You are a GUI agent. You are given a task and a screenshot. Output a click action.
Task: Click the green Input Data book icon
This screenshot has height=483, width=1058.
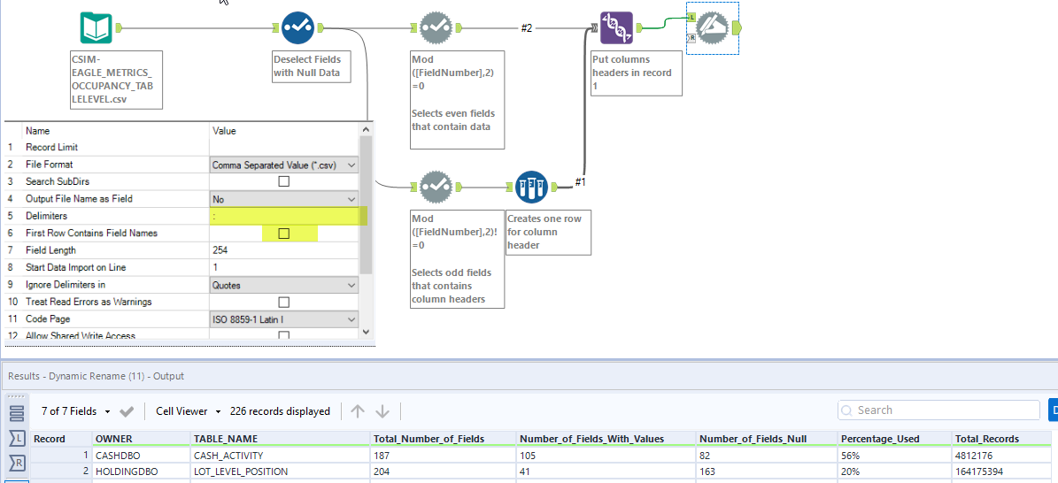point(96,27)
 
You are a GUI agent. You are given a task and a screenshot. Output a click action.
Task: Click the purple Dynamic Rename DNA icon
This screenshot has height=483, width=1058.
point(616,27)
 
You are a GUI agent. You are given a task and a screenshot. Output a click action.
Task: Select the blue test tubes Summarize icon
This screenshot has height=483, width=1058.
point(531,187)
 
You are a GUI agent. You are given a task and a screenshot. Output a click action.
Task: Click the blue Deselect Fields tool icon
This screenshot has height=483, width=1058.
point(297,27)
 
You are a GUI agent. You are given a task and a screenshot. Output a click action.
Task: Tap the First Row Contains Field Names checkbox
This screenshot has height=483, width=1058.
point(284,234)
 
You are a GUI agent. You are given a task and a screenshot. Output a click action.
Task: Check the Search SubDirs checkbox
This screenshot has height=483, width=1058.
point(284,181)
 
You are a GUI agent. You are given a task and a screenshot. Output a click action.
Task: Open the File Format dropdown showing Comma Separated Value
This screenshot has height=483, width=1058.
point(284,165)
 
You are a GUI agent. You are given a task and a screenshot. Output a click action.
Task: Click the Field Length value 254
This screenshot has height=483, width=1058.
point(283,250)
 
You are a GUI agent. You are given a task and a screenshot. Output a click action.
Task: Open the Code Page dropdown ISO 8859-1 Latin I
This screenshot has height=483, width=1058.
point(284,319)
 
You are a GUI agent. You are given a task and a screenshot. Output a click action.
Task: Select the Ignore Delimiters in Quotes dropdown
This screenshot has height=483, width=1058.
point(284,285)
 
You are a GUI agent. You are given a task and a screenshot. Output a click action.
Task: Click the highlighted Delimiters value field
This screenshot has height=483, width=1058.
point(283,216)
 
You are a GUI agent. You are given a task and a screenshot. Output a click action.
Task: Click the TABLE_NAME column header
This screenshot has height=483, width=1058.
point(226,439)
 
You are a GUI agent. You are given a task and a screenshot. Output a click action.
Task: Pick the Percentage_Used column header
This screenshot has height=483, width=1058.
point(880,439)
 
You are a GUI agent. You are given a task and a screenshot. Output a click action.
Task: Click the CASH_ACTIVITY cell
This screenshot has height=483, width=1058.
point(228,456)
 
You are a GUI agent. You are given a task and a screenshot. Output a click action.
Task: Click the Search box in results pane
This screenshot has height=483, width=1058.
point(938,410)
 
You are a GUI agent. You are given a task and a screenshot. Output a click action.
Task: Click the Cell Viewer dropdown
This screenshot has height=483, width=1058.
point(188,411)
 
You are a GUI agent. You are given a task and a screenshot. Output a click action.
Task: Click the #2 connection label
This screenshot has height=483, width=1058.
point(526,28)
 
